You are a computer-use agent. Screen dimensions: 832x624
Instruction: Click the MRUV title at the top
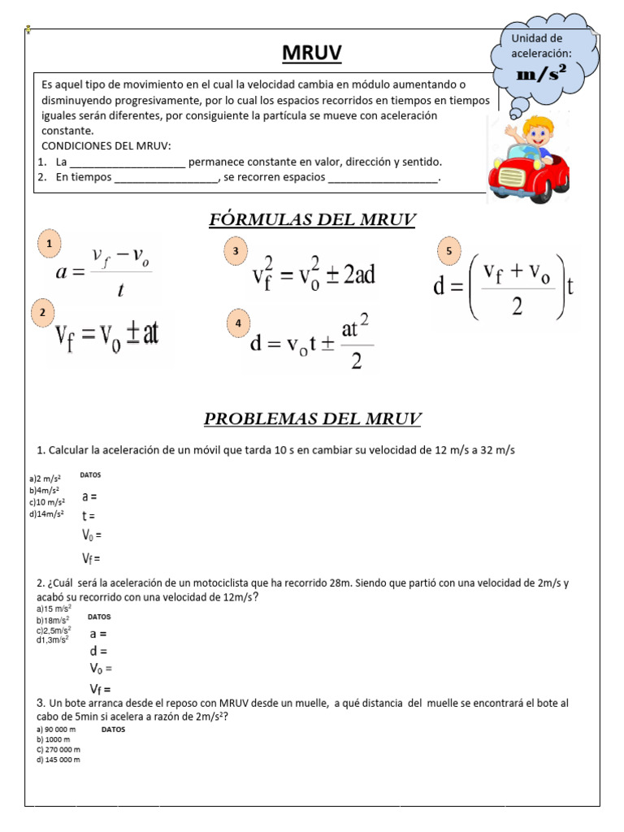tap(312, 54)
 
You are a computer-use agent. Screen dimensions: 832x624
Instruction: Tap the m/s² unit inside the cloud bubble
tap(541, 74)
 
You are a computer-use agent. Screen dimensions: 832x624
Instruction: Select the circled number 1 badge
tap(50, 244)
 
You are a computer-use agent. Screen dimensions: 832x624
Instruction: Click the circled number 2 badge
tap(43, 313)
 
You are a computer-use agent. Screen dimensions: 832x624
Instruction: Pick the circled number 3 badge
tap(236, 252)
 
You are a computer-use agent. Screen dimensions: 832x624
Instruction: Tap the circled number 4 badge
tap(238, 323)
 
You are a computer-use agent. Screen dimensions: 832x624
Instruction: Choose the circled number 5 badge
tap(448, 252)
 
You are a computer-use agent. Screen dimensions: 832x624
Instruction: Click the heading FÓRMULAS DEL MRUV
tap(312, 219)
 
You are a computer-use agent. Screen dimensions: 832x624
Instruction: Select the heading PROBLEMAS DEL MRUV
tap(312, 419)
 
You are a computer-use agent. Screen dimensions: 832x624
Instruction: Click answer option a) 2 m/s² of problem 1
tap(45, 479)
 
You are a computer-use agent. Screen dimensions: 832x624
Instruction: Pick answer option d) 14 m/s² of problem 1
tap(46, 513)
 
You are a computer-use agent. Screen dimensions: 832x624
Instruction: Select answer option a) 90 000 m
tap(56, 730)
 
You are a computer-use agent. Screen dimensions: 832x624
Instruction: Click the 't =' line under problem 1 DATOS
tap(89, 515)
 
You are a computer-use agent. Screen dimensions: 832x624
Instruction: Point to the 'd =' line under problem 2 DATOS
tap(98, 651)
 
